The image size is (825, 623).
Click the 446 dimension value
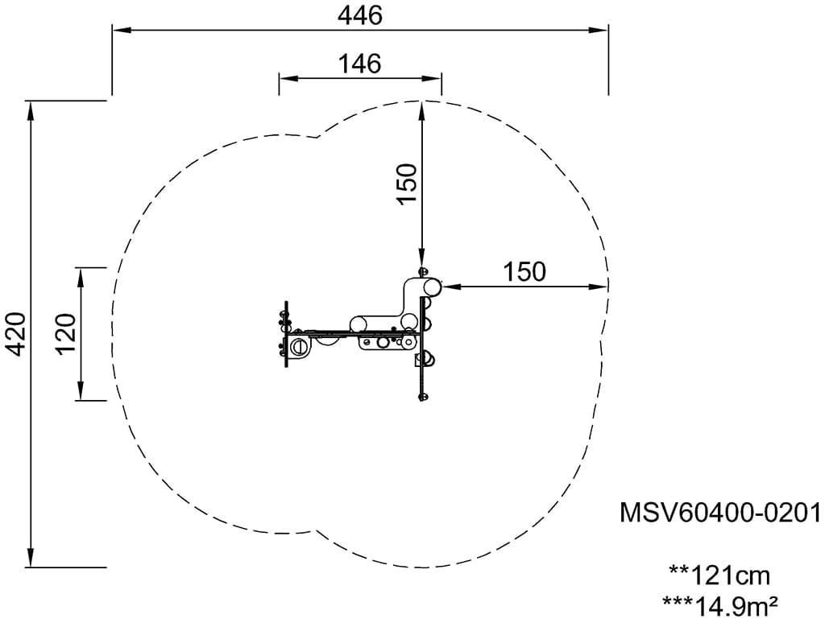[x=360, y=15]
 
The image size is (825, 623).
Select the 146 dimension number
[x=360, y=64]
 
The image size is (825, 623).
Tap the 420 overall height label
[x=15, y=334]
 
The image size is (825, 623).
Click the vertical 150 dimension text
[x=407, y=184]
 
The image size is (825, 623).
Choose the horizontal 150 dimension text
[x=524, y=272]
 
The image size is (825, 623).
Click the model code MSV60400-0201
[x=720, y=512]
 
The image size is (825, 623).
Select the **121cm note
[x=719, y=576]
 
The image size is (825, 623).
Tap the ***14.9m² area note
[x=719, y=605]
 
